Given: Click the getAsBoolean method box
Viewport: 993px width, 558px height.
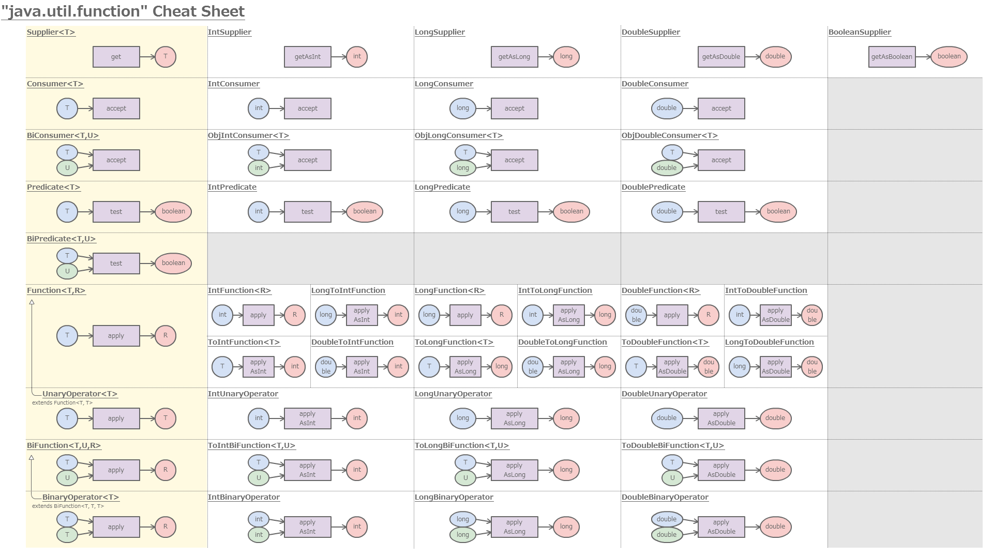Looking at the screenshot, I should coord(892,57).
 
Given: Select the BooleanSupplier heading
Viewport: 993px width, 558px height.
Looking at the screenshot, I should coord(860,32).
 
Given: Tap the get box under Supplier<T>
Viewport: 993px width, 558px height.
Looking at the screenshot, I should coord(116,57).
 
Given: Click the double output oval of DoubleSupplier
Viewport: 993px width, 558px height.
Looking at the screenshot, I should coord(775,57).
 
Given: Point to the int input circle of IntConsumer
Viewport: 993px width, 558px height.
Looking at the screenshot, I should coord(259,109).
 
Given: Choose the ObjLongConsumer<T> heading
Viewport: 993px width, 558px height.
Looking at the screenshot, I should coord(458,135).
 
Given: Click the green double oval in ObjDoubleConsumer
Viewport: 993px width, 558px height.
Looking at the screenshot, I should coord(667,168).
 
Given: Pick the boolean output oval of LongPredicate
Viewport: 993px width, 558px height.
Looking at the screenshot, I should coord(571,211).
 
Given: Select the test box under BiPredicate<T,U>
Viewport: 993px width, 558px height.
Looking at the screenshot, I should coord(116,263).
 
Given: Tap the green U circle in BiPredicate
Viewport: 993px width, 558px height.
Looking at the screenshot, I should coord(67,271).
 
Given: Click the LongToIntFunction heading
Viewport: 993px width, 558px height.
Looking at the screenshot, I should coord(348,290).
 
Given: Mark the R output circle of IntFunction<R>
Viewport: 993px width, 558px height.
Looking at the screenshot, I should coord(295,315).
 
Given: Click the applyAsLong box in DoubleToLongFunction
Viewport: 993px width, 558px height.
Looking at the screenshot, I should coord(568,367).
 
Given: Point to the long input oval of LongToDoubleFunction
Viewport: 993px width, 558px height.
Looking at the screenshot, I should coord(740,367).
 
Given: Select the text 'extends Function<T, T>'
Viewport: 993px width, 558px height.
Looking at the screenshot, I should coord(62,403).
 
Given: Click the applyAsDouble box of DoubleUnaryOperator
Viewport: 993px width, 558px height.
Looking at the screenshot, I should coord(721,419).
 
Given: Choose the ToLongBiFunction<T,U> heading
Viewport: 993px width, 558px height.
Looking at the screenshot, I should coord(461,445).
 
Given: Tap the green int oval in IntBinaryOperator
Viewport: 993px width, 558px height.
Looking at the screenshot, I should coord(259,535).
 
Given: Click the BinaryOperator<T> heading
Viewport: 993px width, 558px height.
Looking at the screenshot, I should coord(81,497).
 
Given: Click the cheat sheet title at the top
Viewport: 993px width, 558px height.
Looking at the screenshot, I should coord(123,11).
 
